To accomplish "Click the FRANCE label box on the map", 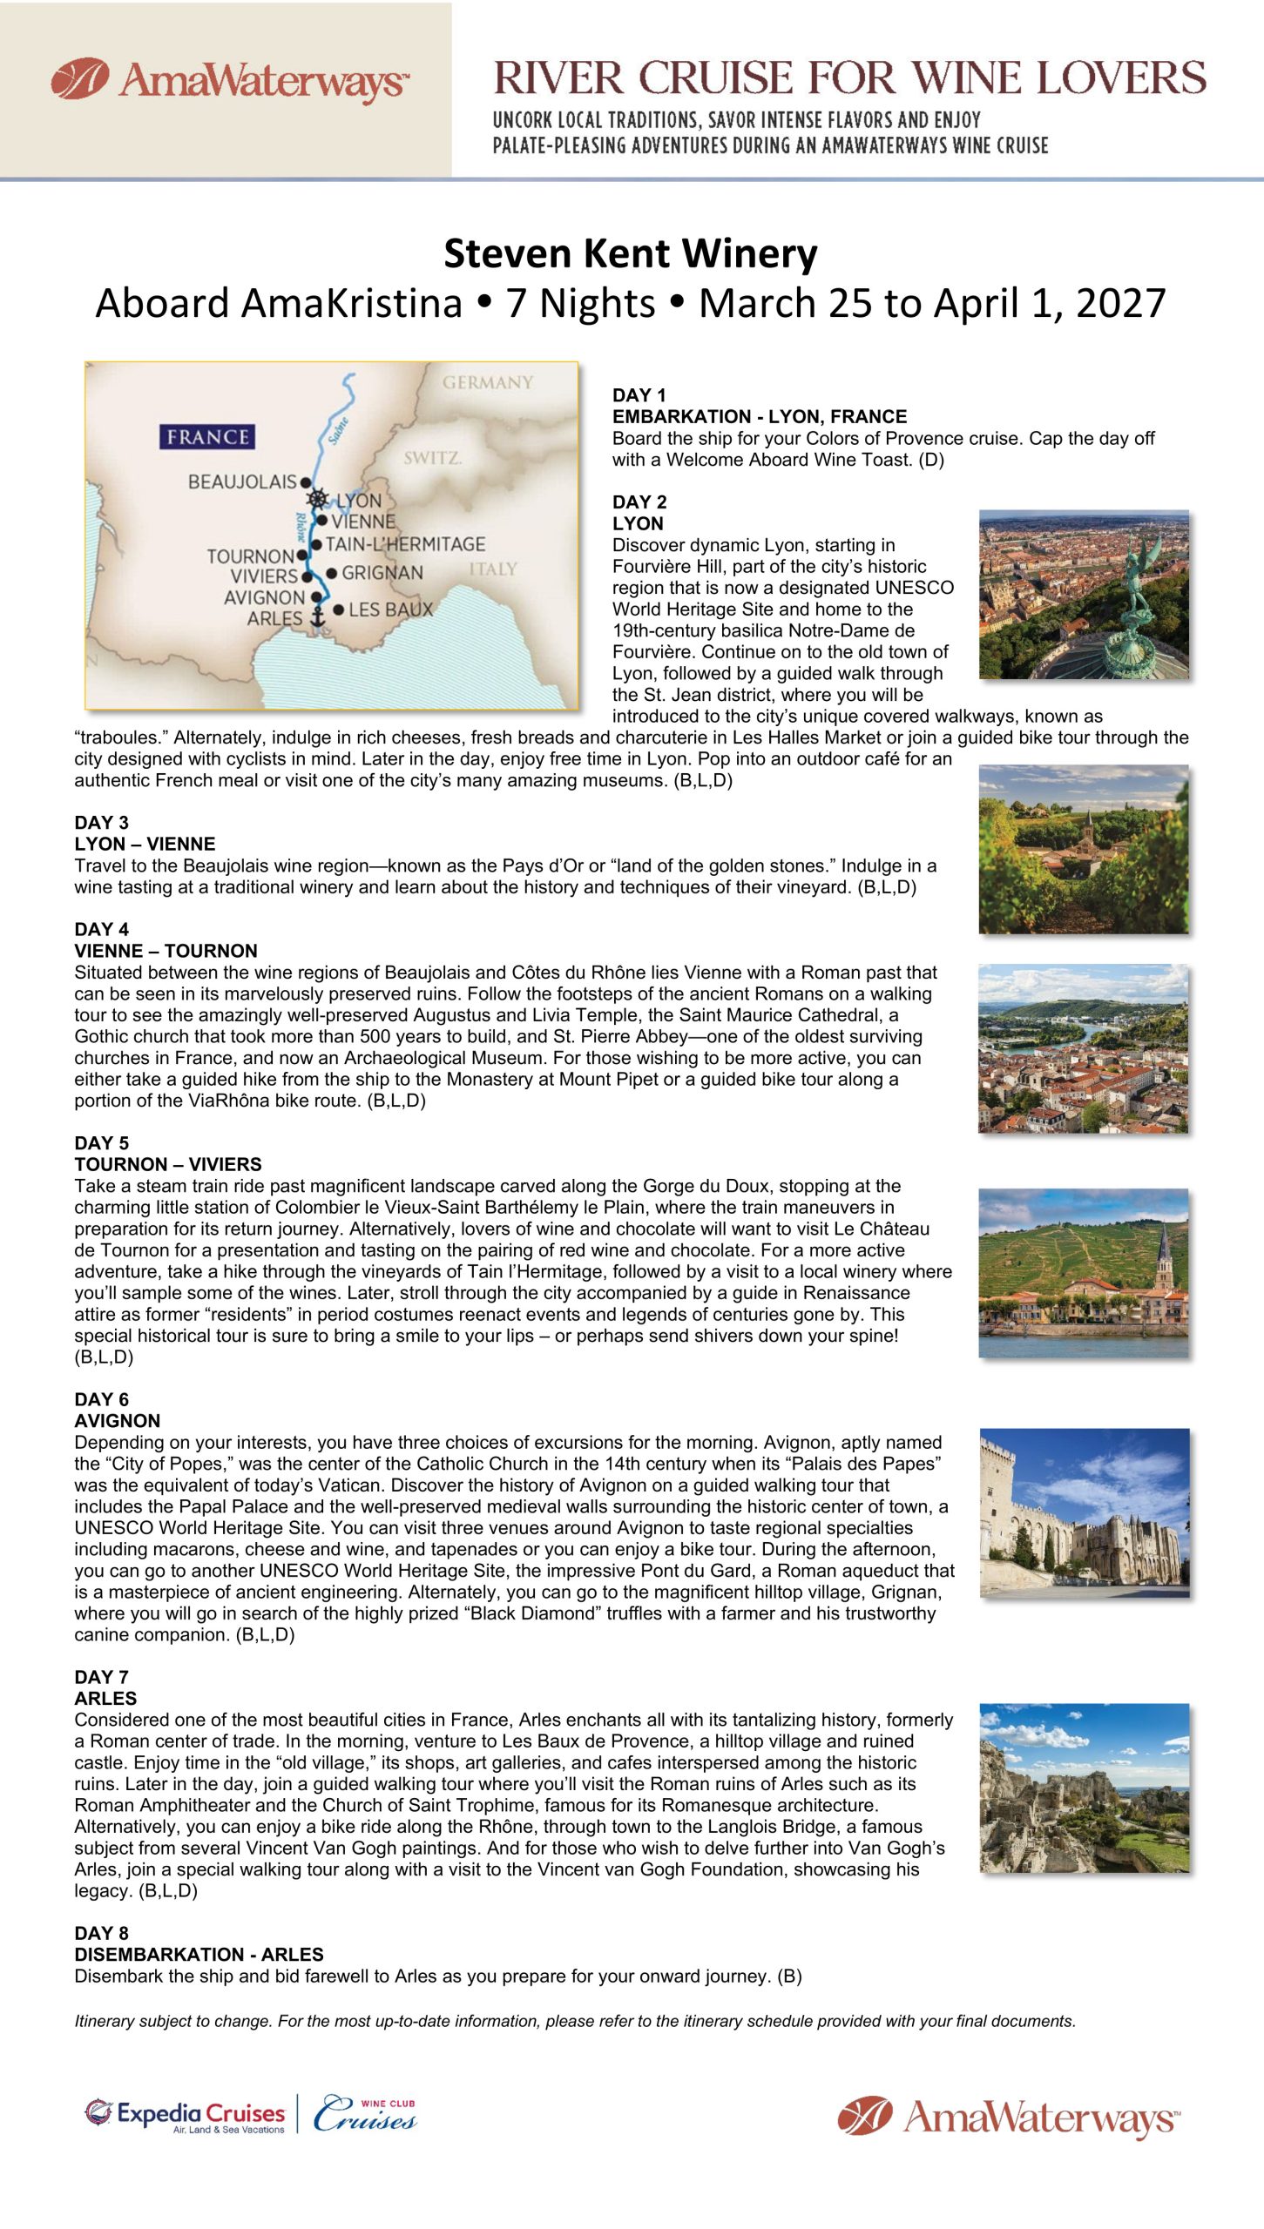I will click(x=206, y=436).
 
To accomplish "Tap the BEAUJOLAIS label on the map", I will click(x=242, y=481).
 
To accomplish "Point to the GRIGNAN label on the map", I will click(x=382, y=573).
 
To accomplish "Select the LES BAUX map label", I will click(x=390, y=609).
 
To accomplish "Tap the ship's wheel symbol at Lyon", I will click(x=318, y=499).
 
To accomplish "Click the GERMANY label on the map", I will click(x=487, y=382).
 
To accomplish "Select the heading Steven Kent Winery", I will click(x=631, y=254).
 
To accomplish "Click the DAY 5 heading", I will click(x=101, y=1143).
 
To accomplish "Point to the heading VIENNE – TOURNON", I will click(x=166, y=951).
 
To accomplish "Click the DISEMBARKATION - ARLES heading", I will click(x=199, y=1954).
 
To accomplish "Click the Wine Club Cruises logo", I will click(x=365, y=2114).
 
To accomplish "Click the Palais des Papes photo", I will click(x=1084, y=1512).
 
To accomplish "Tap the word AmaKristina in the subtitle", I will click(x=351, y=304).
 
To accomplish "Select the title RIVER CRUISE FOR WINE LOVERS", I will click(x=849, y=78).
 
